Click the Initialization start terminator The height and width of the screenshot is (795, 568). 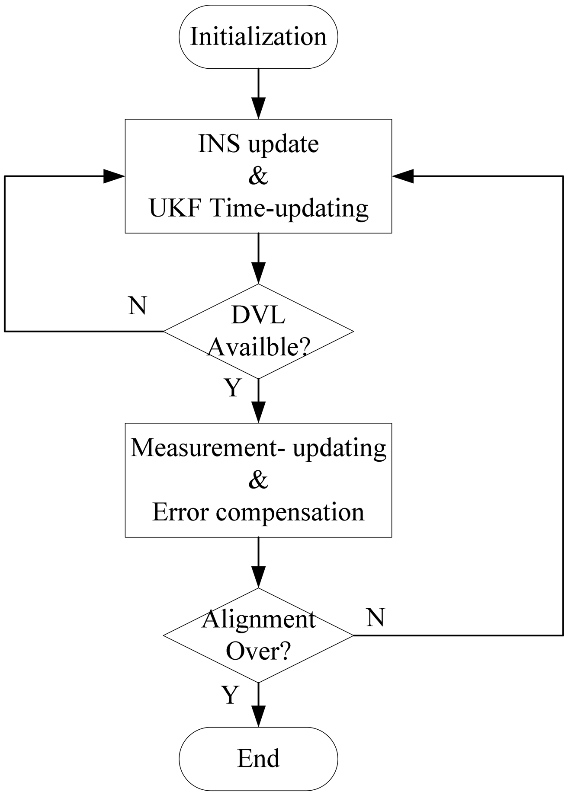pyautogui.click(x=258, y=37)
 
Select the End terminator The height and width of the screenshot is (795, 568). pyautogui.click(x=258, y=758)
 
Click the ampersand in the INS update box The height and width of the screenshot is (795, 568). pyautogui.click(x=258, y=176)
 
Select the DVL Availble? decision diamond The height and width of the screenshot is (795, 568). pyautogui.click(x=258, y=332)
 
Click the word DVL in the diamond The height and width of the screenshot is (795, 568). pyautogui.click(x=258, y=316)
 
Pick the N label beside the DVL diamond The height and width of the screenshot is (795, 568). pyautogui.click(x=138, y=306)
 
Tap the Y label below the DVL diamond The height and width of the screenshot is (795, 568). pyautogui.click(x=233, y=388)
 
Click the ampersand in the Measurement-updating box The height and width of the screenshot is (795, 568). pyautogui.click(x=258, y=480)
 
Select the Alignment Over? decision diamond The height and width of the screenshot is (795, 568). pyautogui.click(x=258, y=635)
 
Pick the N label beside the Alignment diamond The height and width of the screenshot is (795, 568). pyautogui.click(x=375, y=618)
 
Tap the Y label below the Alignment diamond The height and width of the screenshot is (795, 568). pyautogui.click(x=230, y=695)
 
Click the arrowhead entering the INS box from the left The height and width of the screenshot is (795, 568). pyautogui.click(x=114, y=176)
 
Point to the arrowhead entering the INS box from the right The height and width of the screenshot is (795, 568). pyautogui.click(x=403, y=176)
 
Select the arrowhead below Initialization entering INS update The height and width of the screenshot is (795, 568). pyautogui.click(x=258, y=109)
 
